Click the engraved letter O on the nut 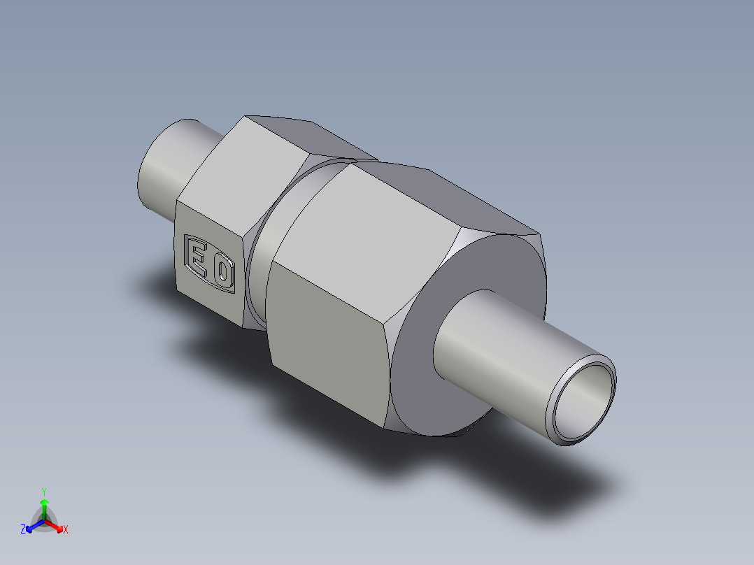223,272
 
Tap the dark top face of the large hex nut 455,196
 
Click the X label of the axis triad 66,530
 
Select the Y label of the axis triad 44,491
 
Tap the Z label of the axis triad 22,530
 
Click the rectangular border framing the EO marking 184,252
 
